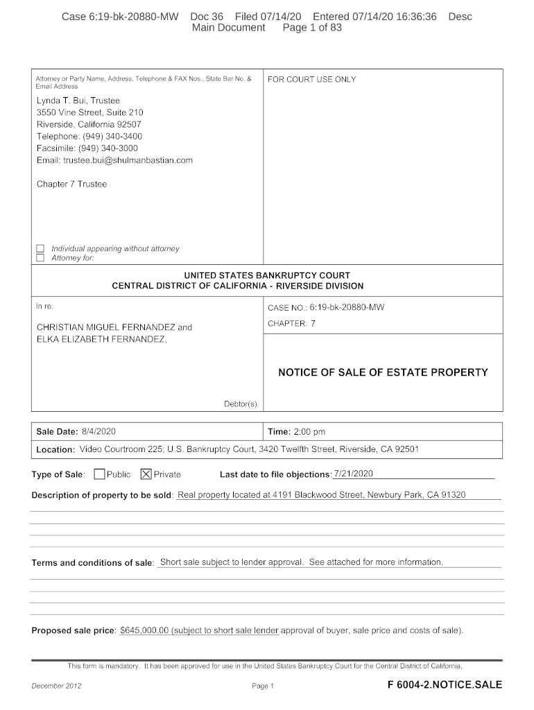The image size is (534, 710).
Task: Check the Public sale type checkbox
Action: coord(99,474)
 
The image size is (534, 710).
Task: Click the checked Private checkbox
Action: coord(146,474)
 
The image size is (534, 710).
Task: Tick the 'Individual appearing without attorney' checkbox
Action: coord(40,248)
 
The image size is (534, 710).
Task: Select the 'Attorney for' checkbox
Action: coord(40,258)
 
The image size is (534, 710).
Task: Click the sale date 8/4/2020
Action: coord(98,431)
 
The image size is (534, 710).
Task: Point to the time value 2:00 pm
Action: coord(309,431)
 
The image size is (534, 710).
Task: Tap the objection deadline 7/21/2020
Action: coord(354,474)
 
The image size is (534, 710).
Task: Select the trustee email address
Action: coord(128,160)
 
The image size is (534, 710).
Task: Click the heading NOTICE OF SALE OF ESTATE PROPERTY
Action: coord(383,372)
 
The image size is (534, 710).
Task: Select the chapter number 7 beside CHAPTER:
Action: coord(313,323)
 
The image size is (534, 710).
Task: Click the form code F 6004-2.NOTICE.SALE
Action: coord(445,685)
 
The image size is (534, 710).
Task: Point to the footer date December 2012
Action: coord(57,686)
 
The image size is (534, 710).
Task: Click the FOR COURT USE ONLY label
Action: coord(311,80)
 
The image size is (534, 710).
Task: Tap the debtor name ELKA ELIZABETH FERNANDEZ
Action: coord(101,339)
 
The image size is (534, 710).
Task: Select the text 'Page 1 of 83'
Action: coord(312,28)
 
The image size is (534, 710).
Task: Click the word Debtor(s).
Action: coord(241,404)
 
